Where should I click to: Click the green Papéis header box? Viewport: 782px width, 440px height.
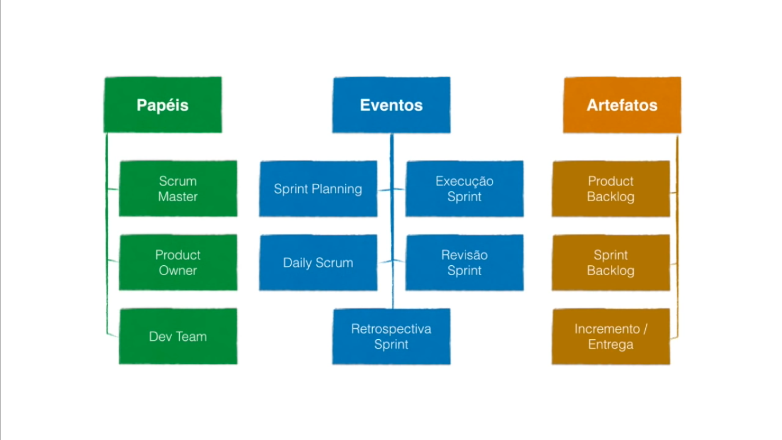(x=163, y=105)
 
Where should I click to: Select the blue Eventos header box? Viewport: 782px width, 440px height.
(x=392, y=105)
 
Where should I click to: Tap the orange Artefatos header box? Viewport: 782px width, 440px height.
(x=622, y=105)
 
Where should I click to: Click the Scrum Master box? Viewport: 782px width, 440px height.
(x=178, y=188)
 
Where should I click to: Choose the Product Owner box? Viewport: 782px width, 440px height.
(x=178, y=262)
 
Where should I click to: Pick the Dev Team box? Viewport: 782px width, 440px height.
(x=178, y=336)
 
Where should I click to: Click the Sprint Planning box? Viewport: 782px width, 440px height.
(x=318, y=188)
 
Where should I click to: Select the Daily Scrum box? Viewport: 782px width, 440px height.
(x=318, y=262)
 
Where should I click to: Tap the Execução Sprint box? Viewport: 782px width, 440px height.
(x=464, y=188)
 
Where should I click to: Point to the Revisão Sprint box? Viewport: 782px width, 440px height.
(x=464, y=262)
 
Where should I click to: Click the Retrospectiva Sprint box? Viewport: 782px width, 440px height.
(x=392, y=336)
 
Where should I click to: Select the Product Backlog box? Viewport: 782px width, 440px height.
(x=611, y=188)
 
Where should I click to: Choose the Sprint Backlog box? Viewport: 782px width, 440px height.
(x=611, y=262)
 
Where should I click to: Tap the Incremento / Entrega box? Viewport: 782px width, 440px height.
(x=611, y=336)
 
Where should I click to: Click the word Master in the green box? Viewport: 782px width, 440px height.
(x=178, y=197)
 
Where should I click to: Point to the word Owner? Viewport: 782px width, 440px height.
(x=178, y=270)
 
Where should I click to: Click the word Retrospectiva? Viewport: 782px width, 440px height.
(x=392, y=329)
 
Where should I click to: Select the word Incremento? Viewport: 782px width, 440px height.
(x=607, y=329)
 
